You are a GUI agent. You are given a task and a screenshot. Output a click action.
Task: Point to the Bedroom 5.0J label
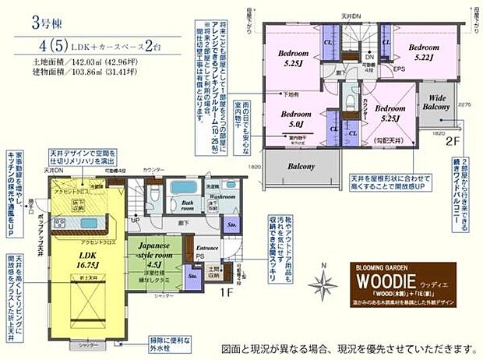tap(294, 117)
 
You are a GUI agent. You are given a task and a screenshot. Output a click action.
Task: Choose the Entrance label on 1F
tap(206, 247)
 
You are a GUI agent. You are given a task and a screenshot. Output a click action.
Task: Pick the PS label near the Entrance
tap(200, 256)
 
